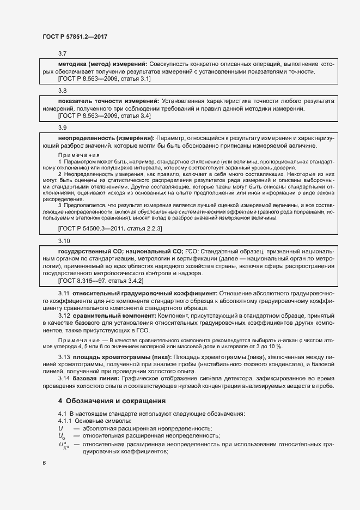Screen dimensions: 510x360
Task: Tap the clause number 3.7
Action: pyautogui.click(x=62, y=53)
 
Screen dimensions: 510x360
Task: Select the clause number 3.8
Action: pyautogui.click(x=62, y=90)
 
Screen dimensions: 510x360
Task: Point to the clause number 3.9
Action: pyautogui.click(x=62, y=127)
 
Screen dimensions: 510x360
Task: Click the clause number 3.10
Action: pyautogui.click(x=64, y=240)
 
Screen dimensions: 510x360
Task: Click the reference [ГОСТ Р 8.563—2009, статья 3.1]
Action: pyautogui.click(x=104, y=79)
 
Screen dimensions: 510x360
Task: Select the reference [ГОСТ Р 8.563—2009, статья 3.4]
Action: pyautogui.click(x=104, y=116)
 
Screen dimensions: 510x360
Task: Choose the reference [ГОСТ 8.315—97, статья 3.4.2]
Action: pyautogui.click(x=100, y=281)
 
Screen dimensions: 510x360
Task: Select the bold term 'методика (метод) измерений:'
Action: pyautogui.click(x=102, y=64)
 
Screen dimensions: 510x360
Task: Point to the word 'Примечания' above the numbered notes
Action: pyautogui.click(x=77, y=155)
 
